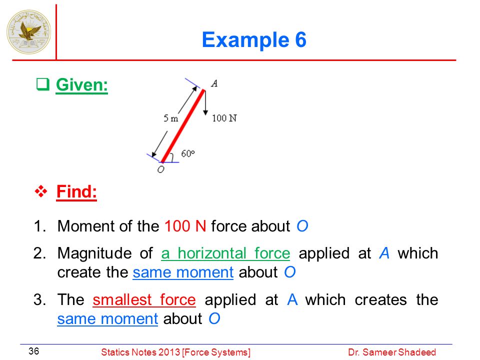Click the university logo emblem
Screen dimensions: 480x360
click(29, 32)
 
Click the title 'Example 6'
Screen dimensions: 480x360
click(254, 40)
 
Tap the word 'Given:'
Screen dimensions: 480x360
click(81, 84)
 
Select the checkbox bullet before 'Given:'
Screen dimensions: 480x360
click(43, 84)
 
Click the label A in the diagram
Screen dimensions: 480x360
click(214, 83)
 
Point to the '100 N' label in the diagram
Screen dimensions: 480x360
click(224, 118)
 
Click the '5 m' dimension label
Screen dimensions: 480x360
click(170, 118)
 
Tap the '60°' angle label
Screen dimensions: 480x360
click(188, 153)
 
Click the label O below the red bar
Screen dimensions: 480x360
click(160, 169)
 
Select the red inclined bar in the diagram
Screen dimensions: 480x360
click(183, 126)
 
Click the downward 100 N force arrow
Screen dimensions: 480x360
click(205, 102)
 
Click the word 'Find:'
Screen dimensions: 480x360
click(76, 191)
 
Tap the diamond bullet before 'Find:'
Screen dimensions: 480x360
click(41, 191)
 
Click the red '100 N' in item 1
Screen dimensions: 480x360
click(185, 226)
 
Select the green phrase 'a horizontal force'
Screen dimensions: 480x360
click(225, 253)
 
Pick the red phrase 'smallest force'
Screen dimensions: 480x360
click(144, 299)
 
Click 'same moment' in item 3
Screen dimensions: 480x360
click(107, 318)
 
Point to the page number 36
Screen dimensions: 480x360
click(33, 351)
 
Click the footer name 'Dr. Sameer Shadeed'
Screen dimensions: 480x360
click(392, 352)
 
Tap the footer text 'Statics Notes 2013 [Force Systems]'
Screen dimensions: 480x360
click(175, 352)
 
